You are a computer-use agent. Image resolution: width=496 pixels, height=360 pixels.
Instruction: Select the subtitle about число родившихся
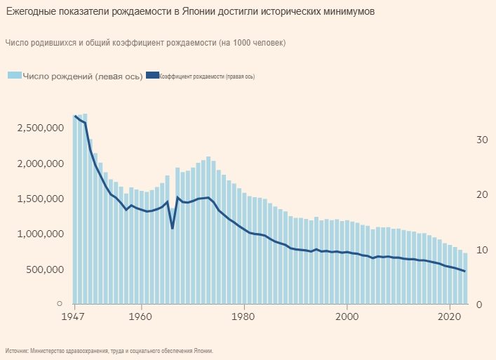tap(145, 44)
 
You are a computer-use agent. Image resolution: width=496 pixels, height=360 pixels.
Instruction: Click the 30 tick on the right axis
tap(481, 140)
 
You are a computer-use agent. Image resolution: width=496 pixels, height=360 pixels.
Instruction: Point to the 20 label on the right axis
tap(481, 195)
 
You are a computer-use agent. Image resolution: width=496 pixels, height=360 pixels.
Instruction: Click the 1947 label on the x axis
tap(74, 316)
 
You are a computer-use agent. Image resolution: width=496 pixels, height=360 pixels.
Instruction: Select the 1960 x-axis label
tap(141, 316)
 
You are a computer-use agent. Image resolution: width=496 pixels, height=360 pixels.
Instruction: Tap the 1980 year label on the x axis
tap(244, 316)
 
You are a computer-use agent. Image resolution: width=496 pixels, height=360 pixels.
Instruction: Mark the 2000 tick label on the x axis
tap(347, 316)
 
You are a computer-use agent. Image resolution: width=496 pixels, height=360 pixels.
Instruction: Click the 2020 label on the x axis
tap(450, 316)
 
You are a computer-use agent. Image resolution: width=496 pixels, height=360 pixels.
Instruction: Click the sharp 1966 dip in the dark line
tap(173, 228)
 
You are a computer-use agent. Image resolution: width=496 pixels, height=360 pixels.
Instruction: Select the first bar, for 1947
tap(75, 211)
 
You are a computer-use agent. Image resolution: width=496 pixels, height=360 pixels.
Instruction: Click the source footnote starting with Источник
tap(109, 350)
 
